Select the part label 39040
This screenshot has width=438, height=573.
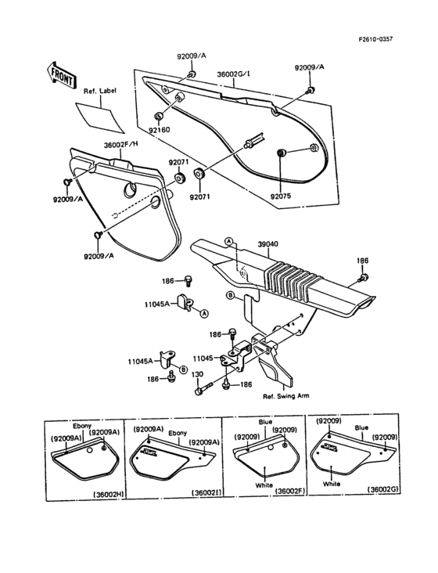268,244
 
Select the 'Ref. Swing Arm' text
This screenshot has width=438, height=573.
285,396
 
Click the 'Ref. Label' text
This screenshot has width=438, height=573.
99,92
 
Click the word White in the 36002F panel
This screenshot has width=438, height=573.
265,486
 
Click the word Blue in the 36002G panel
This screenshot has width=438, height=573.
361,428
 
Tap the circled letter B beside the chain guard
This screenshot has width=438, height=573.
230,295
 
